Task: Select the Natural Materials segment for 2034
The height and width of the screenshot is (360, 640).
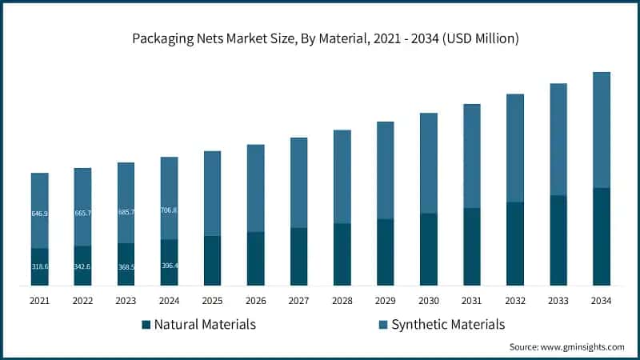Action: click(601, 237)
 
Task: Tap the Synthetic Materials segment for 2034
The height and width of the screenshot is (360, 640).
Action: click(601, 130)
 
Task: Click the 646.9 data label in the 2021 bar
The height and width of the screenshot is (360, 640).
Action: click(40, 214)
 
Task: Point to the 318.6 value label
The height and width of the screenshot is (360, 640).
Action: click(40, 266)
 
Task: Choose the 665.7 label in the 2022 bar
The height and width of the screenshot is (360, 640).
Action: click(83, 214)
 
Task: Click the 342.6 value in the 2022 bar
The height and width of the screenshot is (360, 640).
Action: click(83, 266)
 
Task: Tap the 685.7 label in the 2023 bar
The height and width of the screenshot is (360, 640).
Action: click(126, 213)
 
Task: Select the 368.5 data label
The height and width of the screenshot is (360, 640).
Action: click(126, 266)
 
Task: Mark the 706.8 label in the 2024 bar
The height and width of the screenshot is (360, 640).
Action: click(169, 210)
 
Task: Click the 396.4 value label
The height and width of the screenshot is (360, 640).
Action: click(169, 266)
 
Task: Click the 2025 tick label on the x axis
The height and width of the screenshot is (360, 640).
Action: click(212, 301)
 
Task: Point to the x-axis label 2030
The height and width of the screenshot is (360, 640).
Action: click(428, 301)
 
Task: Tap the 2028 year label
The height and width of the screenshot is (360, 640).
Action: click(342, 301)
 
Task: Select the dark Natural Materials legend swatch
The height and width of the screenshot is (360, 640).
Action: click(146, 325)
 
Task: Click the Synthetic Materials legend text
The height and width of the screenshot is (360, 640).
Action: click(448, 325)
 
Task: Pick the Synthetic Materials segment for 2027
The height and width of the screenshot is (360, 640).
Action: click(298, 182)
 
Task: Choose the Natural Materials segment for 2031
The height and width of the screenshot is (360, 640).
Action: click(471, 246)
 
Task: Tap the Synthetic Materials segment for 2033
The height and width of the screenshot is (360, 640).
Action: click(558, 139)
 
